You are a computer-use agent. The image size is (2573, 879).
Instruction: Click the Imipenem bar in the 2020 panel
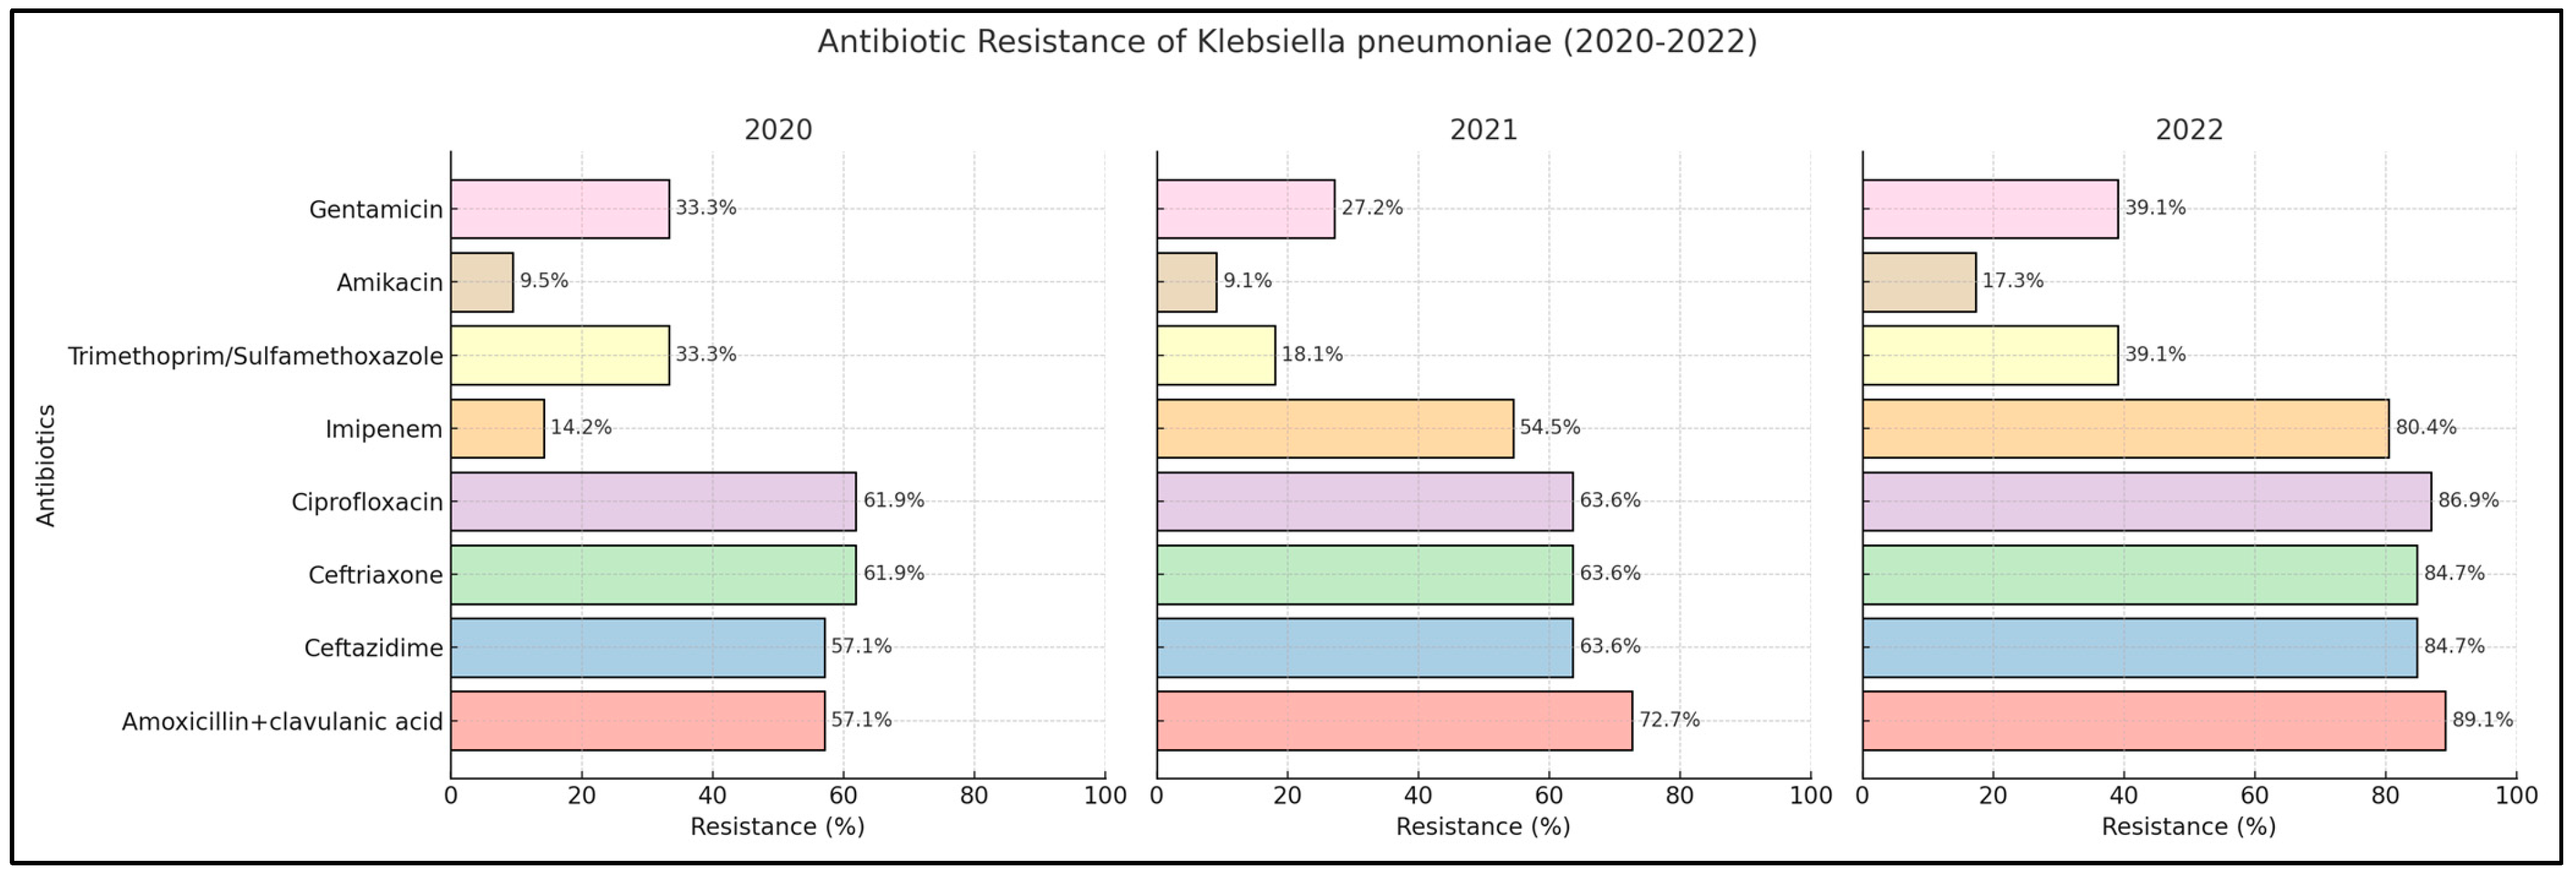pos(497,429)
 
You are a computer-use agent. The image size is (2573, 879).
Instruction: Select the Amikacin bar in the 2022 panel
pos(1918,282)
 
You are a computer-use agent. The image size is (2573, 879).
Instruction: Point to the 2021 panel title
pos(1483,131)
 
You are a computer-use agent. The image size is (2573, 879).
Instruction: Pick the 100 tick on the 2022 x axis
pos(2515,795)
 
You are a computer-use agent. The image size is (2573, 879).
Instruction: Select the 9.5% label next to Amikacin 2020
pos(545,281)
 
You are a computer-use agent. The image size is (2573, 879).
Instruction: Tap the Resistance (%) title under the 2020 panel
pos(777,826)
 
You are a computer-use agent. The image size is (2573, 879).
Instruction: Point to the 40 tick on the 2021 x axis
pos(1417,795)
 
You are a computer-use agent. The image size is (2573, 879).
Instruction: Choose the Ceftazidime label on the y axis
pos(374,648)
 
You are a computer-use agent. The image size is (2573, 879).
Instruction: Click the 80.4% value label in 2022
pos(2425,427)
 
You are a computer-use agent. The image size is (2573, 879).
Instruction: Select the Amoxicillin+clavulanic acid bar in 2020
pos(638,720)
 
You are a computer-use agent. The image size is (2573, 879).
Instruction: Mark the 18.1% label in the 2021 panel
pos(1312,355)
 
